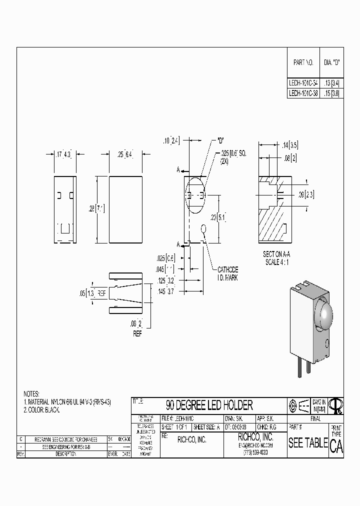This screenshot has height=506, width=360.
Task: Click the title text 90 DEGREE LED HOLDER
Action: tap(209, 405)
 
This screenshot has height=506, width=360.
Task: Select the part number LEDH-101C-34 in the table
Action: tap(303, 83)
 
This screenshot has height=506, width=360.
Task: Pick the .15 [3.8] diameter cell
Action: tap(331, 93)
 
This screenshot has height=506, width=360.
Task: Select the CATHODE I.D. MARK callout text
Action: tap(227, 273)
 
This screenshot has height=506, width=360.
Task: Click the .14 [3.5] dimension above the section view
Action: tap(290, 145)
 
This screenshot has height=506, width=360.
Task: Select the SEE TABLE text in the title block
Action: tap(308, 443)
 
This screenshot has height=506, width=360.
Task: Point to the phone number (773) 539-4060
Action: tap(255, 452)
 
